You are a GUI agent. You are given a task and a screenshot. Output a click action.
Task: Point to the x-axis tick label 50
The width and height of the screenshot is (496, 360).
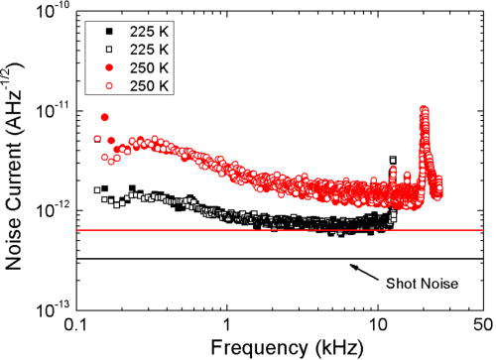pos(482,324)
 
